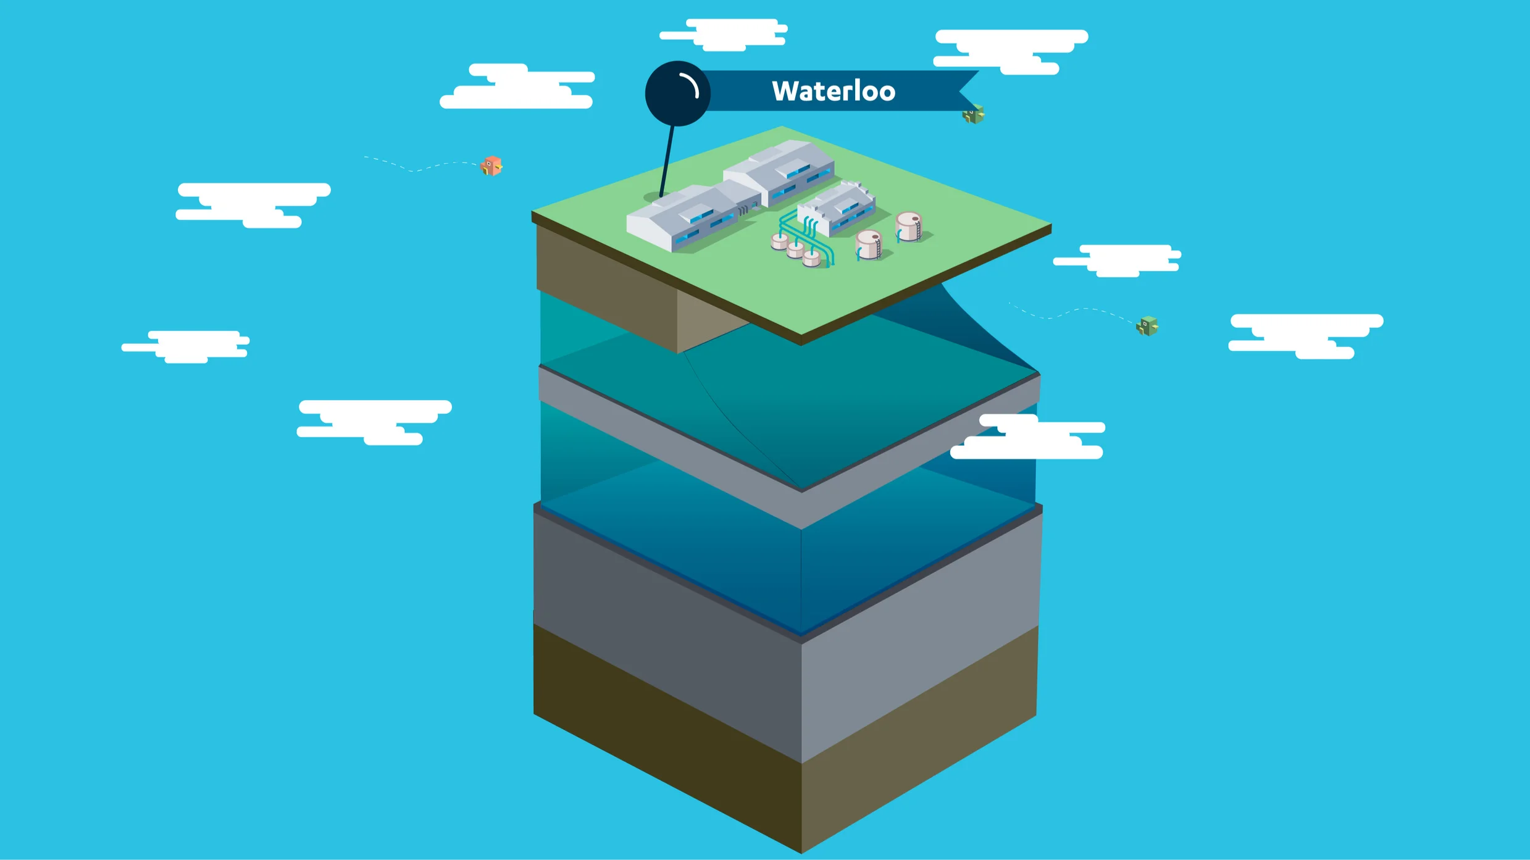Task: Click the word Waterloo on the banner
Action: [x=833, y=91]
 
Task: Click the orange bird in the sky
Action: [x=492, y=165]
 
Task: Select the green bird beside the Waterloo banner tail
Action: [x=973, y=114]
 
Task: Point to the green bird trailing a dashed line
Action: [x=1147, y=325]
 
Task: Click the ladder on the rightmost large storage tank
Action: [x=918, y=230]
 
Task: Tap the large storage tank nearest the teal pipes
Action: [x=868, y=244]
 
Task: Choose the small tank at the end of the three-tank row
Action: [x=811, y=258]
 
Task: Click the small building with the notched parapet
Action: [x=837, y=209]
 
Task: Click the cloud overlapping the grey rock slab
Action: [x=1028, y=437]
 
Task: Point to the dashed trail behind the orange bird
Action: [x=420, y=167]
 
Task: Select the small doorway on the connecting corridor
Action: [x=755, y=206]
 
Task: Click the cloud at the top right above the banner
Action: [x=1011, y=51]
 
